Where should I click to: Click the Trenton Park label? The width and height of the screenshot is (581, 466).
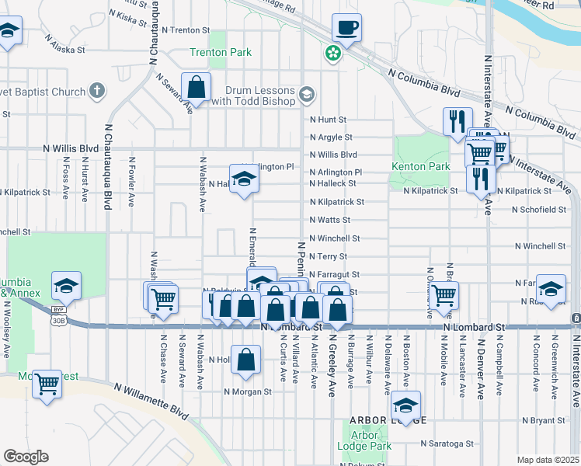pyautogui.click(x=221, y=53)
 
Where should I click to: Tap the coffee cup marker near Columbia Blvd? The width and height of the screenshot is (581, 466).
pyautogui.click(x=346, y=29)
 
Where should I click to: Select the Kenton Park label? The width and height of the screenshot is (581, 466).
pyautogui.click(x=422, y=167)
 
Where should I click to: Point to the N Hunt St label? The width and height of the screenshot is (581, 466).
pyautogui.click(x=327, y=120)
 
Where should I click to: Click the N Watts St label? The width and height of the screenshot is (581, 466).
pyautogui.click(x=330, y=220)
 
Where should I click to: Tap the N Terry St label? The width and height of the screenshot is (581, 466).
pyautogui.click(x=328, y=256)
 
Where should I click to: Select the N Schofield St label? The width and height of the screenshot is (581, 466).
pyautogui.click(x=538, y=210)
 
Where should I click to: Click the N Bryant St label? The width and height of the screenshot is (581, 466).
pyautogui.click(x=544, y=420)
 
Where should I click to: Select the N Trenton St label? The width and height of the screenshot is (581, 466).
pyautogui.click(x=186, y=30)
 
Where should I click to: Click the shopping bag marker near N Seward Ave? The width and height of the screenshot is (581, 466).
pyautogui.click(x=197, y=88)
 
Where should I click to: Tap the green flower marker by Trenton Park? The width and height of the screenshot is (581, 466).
pyautogui.click(x=333, y=54)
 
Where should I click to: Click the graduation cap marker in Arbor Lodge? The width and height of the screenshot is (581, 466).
pyautogui.click(x=405, y=406)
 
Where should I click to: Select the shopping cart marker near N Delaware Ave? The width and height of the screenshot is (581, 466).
pyautogui.click(x=444, y=295)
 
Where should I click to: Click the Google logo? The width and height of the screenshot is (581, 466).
pyautogui.click(x=25, y=457)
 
